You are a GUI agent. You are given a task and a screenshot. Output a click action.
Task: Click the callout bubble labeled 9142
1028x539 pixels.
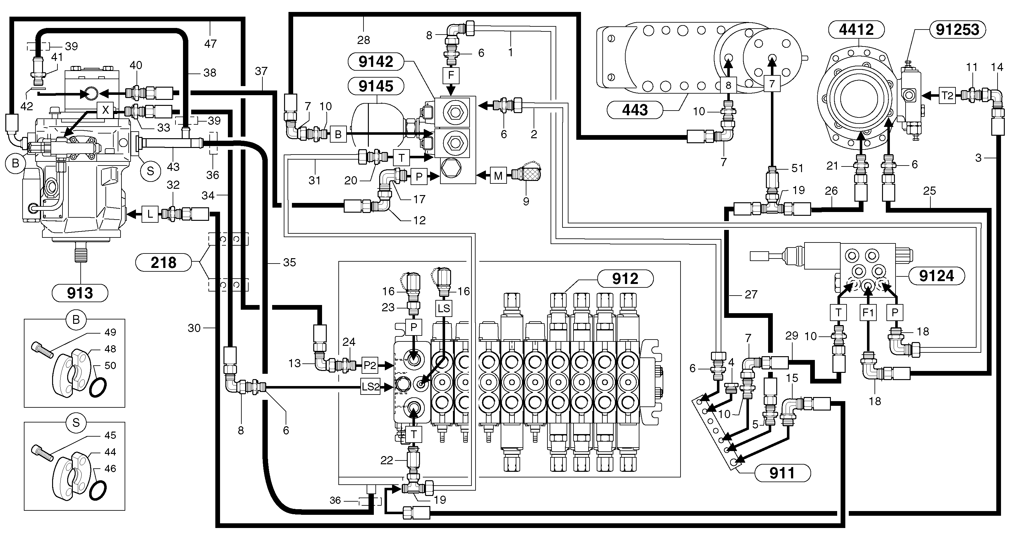pyautogui.click(x=375, y=62)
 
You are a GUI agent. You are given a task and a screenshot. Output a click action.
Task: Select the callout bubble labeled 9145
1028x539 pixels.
pyautogui.click(x=375, y=86)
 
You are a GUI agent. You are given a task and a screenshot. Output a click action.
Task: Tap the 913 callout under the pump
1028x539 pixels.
pyautogui.click(x=80, y=293)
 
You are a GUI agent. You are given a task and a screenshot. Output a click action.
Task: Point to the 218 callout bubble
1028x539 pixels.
pyautogui.click(x=163, y=263)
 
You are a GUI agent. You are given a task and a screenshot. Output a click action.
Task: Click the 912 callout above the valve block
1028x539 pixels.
pyautogui.click(x=625, y=279)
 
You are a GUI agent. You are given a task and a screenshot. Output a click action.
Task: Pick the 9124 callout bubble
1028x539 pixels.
pyautogui.click(x=936, y=276)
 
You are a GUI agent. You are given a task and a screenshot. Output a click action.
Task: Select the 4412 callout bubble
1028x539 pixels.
pyautogui.click(x=856, y=30)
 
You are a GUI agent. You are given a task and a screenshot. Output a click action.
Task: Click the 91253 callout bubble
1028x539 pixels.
pyautogui.click(x=957, y=30)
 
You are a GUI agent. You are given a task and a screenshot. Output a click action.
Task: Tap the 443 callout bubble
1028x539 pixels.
pyautogui.click(x=634, y=110)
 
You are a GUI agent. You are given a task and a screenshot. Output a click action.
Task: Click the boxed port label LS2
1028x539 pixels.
pyautogui.click(x=370, y=386)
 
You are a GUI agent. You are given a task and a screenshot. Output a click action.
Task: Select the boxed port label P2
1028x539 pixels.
pyautogui.click(x=370, y=365)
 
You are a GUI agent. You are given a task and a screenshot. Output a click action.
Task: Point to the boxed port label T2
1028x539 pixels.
pyautogui.click(x=947, y=96)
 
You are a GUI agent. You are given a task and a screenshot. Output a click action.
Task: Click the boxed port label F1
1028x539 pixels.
pyautogui.click(x=868, y=312)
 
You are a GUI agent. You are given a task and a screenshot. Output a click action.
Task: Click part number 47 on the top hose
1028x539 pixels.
pyautogui.click(x=210, y=43)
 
